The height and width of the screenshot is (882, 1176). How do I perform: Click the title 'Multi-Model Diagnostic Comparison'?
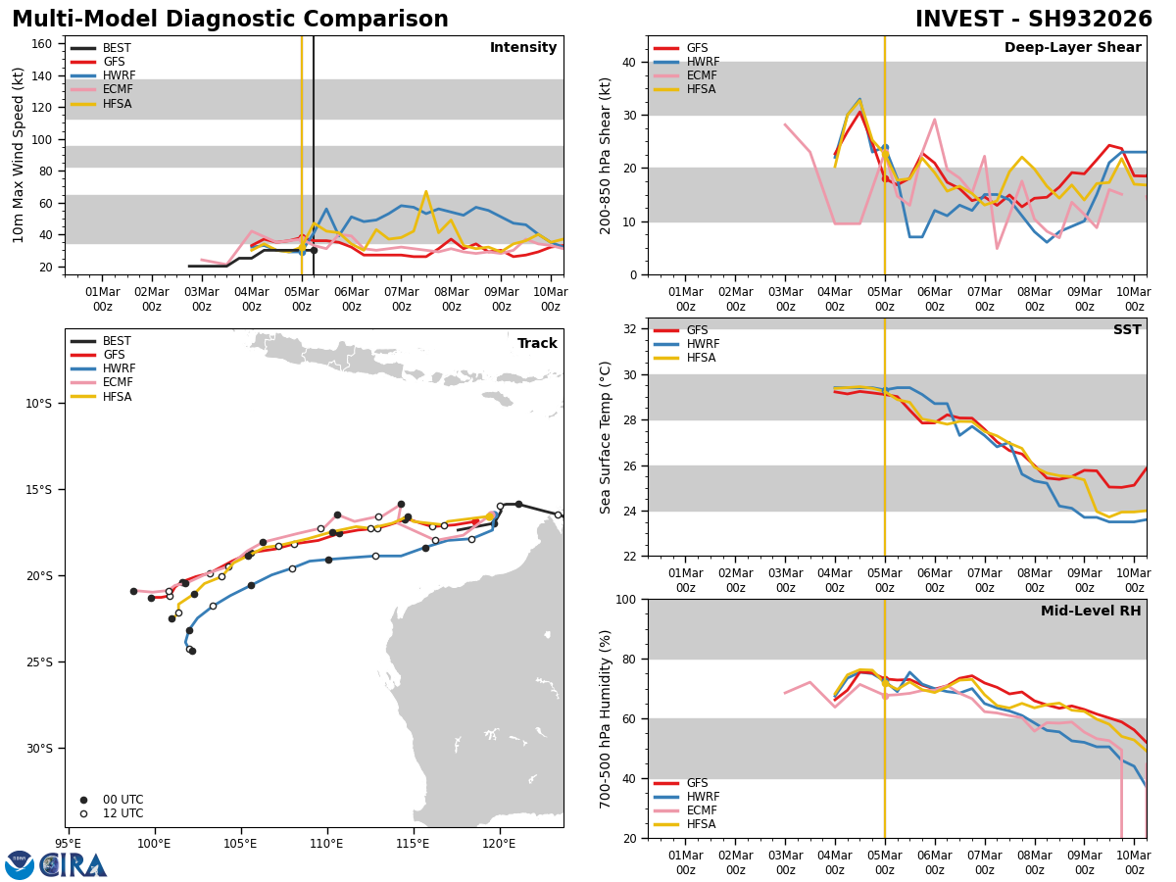click(x=230, y=20)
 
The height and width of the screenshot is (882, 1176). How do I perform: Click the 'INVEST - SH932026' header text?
click(x=1034, y=20)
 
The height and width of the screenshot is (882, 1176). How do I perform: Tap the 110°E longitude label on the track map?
click(x=326, y=843)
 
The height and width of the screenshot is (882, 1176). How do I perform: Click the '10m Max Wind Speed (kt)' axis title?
click(x=19, y=155)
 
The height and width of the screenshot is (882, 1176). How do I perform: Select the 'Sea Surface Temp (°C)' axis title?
click(x=606, y=437)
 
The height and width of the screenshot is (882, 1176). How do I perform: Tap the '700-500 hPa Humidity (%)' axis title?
click(x=606, y=718)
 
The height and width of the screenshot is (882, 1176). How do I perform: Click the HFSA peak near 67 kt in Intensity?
click(x=425, y=191)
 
